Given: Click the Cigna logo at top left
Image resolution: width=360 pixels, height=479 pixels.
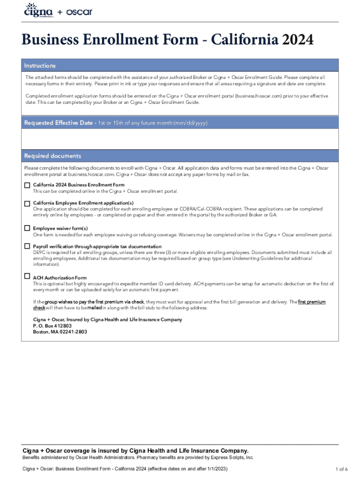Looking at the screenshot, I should tap(38, 10).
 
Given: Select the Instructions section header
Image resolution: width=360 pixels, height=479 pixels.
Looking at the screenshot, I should tap(40, 66).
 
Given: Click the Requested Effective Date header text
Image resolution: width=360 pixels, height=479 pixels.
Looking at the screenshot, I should tap(58, 123).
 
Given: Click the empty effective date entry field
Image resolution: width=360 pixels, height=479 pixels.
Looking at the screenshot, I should tap(180, 139).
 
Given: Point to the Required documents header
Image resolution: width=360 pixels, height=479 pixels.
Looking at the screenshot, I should tap(52, 156).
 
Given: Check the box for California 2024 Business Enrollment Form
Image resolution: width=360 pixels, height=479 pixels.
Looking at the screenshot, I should tap(27, 185).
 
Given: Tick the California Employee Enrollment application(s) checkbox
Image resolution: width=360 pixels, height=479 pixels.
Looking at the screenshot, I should tap(27, 203).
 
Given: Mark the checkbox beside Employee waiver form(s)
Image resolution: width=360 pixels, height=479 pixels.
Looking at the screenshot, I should tap(27, 228).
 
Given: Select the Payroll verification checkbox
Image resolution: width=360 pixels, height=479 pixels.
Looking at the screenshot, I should tap(27, 246).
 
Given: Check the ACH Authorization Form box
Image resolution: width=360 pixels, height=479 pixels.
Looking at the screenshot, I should tap(27, 276).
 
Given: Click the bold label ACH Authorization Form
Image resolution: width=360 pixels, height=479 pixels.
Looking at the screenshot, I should tap(59, 277).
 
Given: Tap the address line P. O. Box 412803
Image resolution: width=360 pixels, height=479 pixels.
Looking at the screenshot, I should tap(52, 326).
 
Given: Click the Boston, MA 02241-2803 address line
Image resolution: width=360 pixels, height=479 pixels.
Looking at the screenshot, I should tap(59, 332).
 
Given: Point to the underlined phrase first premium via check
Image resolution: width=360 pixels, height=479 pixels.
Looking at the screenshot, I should tap(117, 302).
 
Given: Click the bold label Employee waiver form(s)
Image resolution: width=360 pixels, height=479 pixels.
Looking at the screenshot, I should tap(60, 229).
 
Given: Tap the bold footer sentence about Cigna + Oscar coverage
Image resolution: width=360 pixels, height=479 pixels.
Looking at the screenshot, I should tap(136, 450).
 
